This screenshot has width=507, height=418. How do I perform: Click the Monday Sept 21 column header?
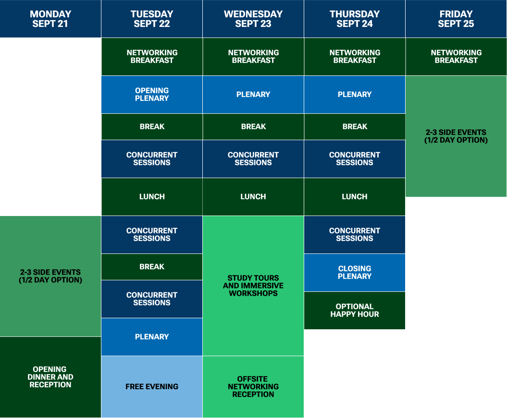(x=50, y=19)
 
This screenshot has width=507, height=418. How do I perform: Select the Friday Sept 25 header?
(x=456, y=19)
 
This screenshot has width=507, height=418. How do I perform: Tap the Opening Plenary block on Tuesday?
(x=152, y=95)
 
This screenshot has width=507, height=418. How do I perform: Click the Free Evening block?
(x=152, y=386)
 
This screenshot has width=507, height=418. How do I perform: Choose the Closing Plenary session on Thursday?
(x=355, y=273)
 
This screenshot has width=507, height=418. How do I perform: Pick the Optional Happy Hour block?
(x=355, y=311)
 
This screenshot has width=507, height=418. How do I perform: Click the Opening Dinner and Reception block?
(x=50, y=377)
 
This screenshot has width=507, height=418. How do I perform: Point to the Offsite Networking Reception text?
(x=253, y=386)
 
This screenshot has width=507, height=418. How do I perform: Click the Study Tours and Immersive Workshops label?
(x=253, y=286)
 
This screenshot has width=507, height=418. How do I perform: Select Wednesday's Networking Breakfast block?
(x=253, y=57)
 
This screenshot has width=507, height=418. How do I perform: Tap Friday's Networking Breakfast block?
(x=456, y=57)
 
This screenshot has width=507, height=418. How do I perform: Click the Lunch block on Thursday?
(x=355, y=197)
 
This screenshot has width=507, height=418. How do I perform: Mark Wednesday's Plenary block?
(x=253, y=95)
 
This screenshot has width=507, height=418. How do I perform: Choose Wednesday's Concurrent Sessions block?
(x=253, y=159)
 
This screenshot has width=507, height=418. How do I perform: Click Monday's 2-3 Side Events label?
(x=50, y=276)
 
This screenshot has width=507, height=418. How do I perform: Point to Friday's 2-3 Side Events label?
(x=456, y=136)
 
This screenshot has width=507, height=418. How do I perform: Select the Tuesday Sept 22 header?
(x=152, y=19)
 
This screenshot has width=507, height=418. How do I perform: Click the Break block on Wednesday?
(x=253, y=127)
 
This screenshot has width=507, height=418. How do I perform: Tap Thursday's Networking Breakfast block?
(x=355, y=57)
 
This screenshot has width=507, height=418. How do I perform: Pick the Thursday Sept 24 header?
(x=355, y=19)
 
